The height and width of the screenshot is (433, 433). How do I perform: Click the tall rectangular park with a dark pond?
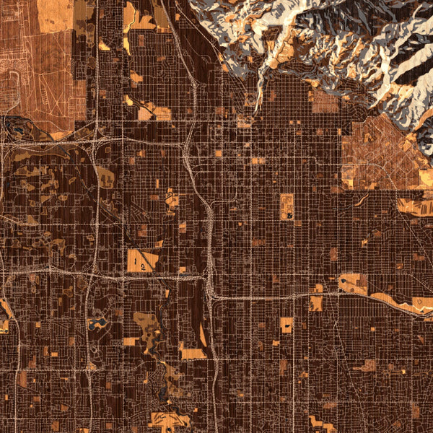(287, 206)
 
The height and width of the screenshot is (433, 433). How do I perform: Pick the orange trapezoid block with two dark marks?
(142, 261)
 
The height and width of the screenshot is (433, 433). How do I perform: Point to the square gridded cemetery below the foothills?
(324, 101)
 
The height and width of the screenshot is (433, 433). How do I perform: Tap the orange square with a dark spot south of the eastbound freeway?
(287, 325)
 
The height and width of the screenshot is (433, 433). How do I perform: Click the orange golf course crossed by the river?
(148, 328)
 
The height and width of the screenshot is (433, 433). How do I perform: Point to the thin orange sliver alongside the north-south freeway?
(203, 335)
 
